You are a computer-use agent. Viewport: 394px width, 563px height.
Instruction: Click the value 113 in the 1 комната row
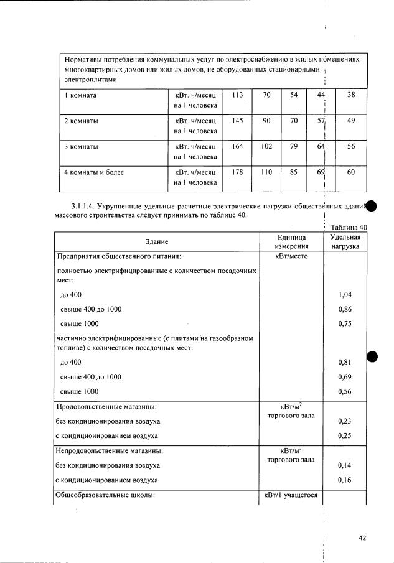(x=237, y=95)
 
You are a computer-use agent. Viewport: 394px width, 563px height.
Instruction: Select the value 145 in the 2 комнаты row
(x=237, y=121)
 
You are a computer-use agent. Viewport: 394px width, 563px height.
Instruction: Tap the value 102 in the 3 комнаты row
(x=267, y=147)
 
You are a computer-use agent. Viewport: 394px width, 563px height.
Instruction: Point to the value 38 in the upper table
(x=351, y=95)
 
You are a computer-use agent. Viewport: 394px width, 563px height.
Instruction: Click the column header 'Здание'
(x=157, y=241)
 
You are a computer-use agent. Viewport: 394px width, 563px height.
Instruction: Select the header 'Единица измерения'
(x=291, y=241)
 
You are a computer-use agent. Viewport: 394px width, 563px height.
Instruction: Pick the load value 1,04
(x=345, y=294)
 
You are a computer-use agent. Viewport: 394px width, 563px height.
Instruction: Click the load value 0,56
(x=345, y=391)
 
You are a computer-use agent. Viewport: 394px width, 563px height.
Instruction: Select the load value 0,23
(x=345, y=421)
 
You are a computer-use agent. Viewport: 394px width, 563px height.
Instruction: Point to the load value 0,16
(x=345, y=480)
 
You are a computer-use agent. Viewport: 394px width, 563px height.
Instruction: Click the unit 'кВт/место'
(x=291, y=255)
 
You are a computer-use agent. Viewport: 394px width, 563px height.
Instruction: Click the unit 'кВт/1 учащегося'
(x=291, y=495)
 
